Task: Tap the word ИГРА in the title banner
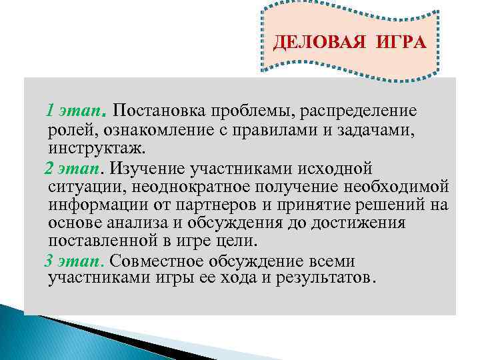pyautogui.click(x=391, y=43)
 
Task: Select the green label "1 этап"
pyautogui.click(x=74, y=109)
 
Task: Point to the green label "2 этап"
pyautogui.click(x=73, y=167)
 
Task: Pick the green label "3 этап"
pyautogui.click(x=73, y=260)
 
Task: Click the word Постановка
pyautogui.click(x=159, y=109)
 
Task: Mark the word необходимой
pyautogui.click(x=400, y=185)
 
